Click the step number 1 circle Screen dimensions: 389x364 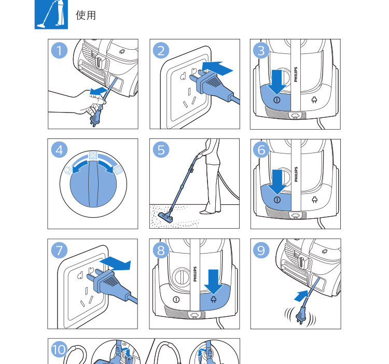coord(59,50)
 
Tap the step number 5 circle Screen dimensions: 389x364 coord(161,150)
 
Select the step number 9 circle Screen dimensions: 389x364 coord(261,250)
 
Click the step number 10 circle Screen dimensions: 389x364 coord(59,349)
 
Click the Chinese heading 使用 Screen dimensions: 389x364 coord(86,15)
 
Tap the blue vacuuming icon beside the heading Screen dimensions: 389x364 coord(51,15)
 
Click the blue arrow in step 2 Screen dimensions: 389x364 coord(217,68)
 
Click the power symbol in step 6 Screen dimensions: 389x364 coord(277,200)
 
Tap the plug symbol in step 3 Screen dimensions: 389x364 coord(314,100)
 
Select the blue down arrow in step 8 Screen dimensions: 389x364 coord(213,282)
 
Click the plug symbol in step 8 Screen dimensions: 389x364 coord(213,299)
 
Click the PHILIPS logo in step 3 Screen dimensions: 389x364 coord(296,74)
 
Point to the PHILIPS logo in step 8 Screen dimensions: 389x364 coord(195,274)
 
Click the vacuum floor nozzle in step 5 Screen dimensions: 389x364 coord(166,217)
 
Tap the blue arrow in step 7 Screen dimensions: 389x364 coord(115,263)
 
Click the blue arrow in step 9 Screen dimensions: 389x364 coord(301,296)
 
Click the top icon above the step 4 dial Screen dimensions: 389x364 coord(93,156)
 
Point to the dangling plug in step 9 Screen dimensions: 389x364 coord(301,315)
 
